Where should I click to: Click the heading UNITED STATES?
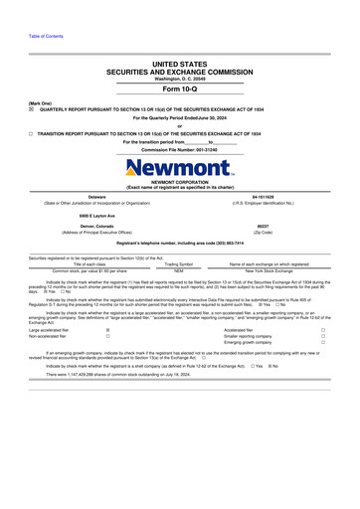(179, 63)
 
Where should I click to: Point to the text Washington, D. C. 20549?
(179, 79)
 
